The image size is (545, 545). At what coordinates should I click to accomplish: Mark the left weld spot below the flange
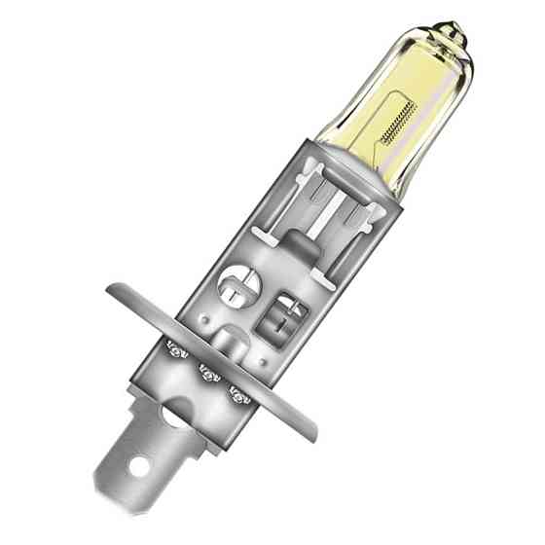tap(177, 347)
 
